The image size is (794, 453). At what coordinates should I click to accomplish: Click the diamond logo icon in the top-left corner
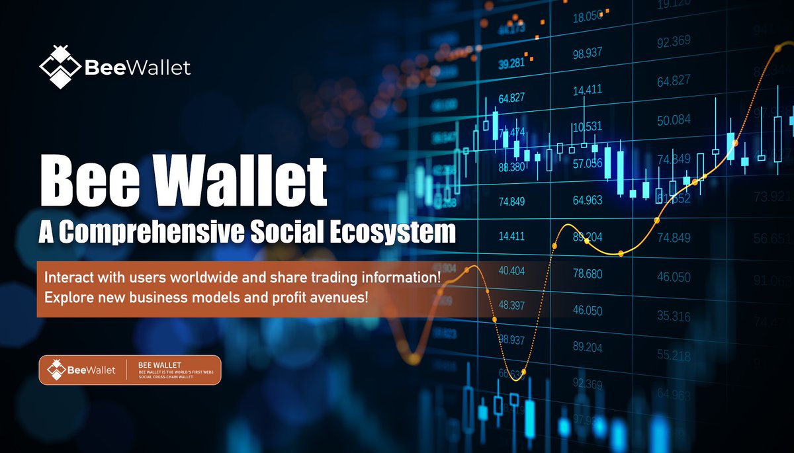click(60, 66)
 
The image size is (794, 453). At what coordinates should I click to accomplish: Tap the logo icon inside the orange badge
click(56, 370)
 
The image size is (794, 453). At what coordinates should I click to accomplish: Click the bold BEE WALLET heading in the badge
click(159, 364)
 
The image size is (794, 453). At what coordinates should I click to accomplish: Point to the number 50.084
click(673, 120)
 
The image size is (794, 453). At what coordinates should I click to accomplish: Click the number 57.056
click(587, 163)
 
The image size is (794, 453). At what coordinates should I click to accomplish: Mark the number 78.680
click(587, 274)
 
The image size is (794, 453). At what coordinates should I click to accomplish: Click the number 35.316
click(673, 316)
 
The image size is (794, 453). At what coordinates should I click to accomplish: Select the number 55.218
click(673, 356)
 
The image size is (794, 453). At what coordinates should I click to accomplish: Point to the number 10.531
click(587, 126)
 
